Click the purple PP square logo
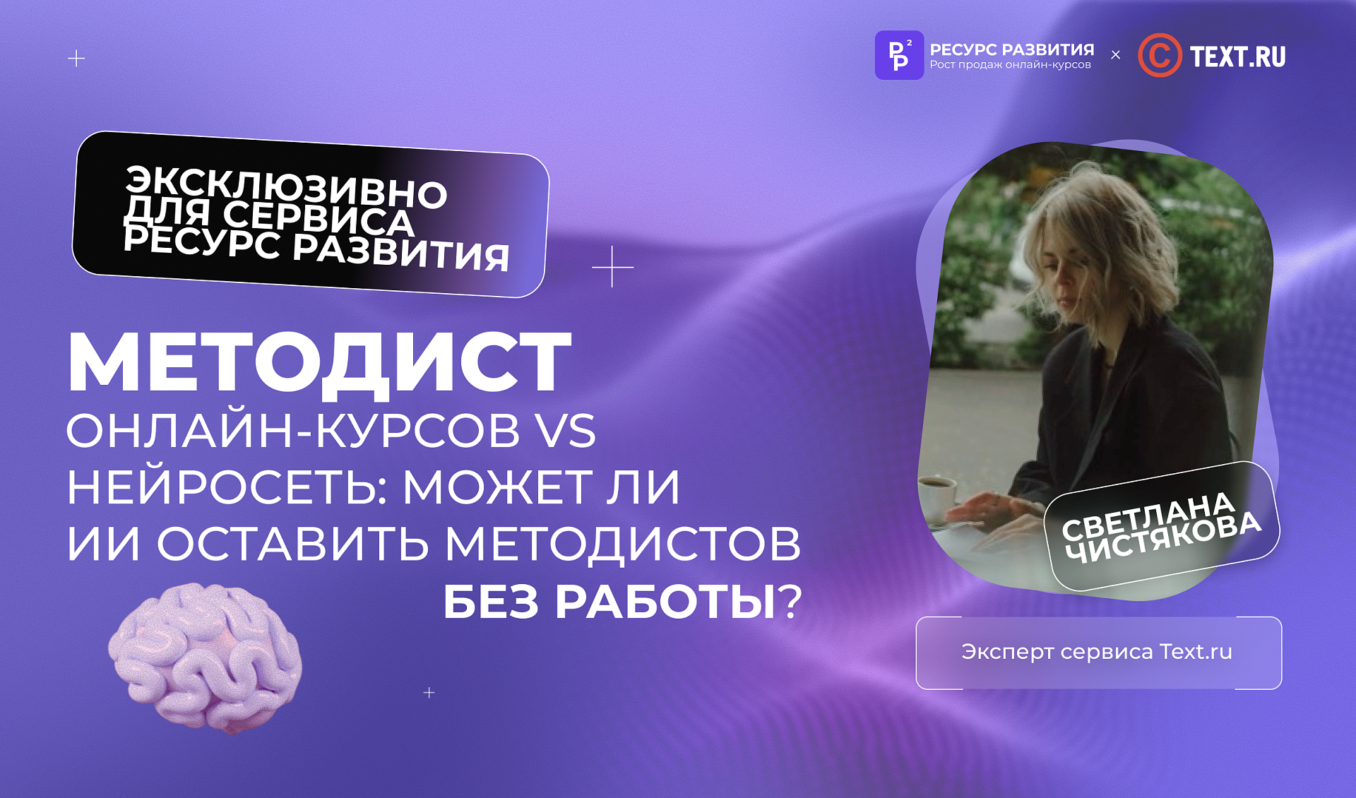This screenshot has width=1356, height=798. coord(898,55)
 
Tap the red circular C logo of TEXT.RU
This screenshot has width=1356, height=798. coord(1159,55)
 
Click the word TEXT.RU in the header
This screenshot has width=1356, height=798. coord(1237,56)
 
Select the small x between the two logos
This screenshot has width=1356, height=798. coord(1115,55)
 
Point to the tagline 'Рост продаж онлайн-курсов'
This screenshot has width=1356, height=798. coord(1010,65)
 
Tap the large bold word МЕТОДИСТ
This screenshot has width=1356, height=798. coord(319,362)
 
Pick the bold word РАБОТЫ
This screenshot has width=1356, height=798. coord(665,602)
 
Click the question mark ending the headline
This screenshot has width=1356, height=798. coord(790,602)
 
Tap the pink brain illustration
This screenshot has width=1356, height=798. coord(206,657)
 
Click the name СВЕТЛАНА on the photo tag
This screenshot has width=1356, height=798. coord(1148,515)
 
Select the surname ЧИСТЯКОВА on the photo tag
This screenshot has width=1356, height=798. coord(1162,537)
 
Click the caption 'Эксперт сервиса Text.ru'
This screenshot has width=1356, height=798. coord(1096,652)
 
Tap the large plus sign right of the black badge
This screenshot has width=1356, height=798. coord(612,267)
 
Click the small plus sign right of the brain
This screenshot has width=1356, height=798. coord(429,693)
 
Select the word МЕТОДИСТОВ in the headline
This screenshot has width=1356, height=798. coord(622,544)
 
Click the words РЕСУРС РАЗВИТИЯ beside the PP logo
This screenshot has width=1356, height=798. coord(1011,49)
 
